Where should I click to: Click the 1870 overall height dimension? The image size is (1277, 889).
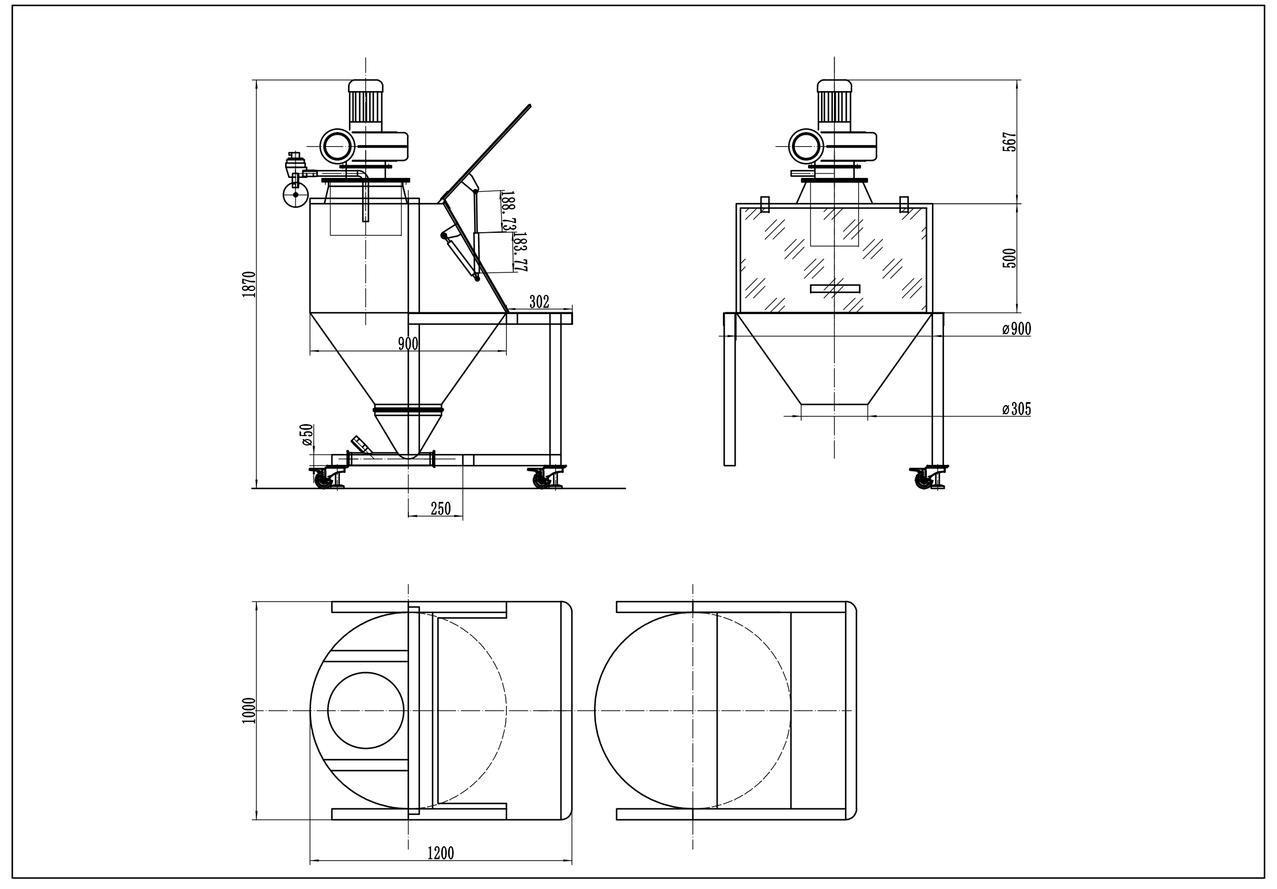[x=249, y=283]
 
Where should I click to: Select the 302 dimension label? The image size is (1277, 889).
[x=539, y=302]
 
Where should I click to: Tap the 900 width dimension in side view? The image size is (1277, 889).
[x=408, y=344]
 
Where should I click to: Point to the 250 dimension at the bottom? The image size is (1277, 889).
[x=441, y=508]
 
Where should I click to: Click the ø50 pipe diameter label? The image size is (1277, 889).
[x=307, y=434]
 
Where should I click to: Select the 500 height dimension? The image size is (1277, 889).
[x=1009, y=258]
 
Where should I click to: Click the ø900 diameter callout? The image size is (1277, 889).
[x=1016, y=329]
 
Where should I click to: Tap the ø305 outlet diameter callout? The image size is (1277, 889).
[x=1016, y=409]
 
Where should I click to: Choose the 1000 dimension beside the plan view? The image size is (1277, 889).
[x=249, y=710]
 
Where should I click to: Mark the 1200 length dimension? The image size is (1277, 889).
[x=441, y=853]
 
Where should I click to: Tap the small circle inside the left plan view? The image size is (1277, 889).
[x=365, y=710]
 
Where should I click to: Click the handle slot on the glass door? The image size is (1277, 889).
[x=835, y=288]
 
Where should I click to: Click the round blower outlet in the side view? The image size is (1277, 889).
[x=336, y=146]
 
